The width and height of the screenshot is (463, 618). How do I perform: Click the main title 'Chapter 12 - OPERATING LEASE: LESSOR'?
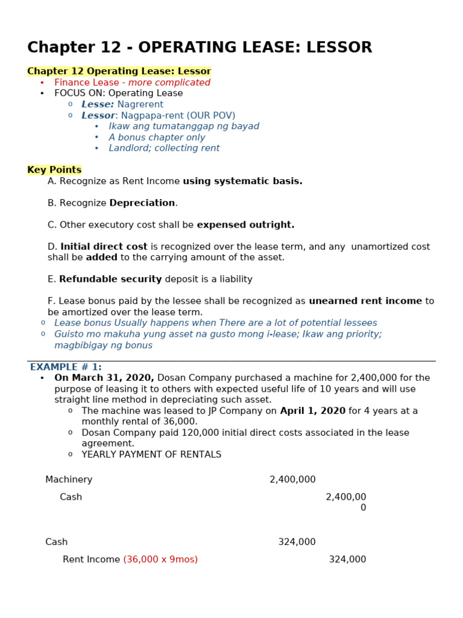[200, 48]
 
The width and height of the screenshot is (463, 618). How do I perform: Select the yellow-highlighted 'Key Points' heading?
[54, 170]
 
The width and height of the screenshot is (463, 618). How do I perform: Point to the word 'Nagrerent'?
[140, 104]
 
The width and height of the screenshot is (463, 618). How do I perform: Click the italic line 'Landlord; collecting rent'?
[164, 148]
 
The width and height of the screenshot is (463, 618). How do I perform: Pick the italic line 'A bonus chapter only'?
[157, 138]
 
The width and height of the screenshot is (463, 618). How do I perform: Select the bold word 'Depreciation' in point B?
[142, 203]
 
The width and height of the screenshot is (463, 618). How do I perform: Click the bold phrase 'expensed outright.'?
[245, 225]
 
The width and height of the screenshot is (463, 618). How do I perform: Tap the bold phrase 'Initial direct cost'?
[104, 247]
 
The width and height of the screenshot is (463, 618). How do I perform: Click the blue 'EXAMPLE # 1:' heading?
[66, 367]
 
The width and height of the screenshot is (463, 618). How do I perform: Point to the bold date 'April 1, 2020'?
[312, 411]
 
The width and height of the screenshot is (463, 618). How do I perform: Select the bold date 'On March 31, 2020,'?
[104, 378]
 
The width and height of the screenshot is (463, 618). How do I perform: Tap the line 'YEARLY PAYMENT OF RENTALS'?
[151, 454]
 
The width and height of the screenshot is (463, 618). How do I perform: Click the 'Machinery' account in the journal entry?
[69, 480]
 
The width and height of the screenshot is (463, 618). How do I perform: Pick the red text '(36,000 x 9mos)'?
[160, 559]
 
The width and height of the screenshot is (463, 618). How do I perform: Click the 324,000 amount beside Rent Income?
[347, 559]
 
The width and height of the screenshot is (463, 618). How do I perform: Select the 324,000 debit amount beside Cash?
[297, 542]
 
